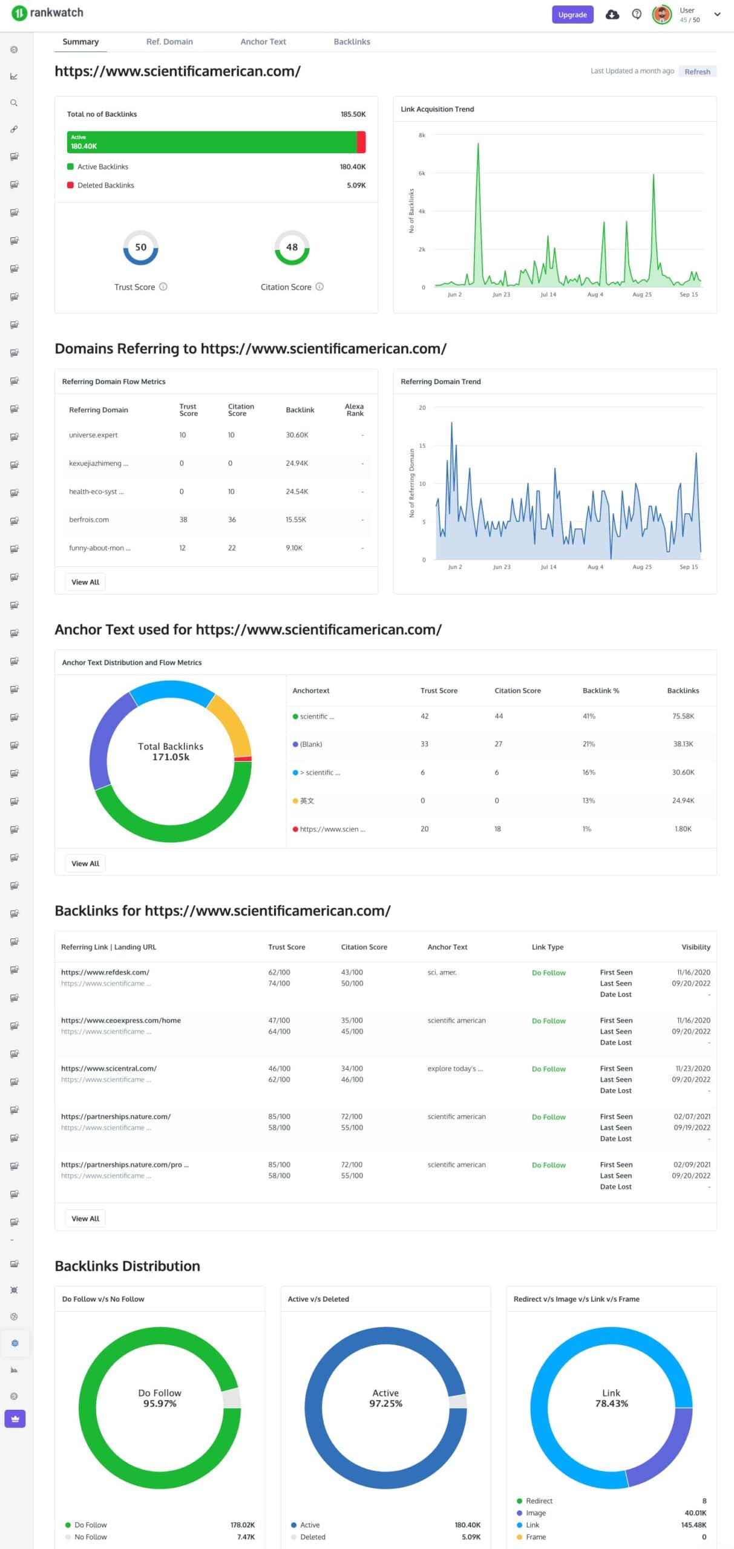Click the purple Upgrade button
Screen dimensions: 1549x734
(x=572, y=15)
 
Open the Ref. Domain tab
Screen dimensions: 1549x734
(x=169, y=42)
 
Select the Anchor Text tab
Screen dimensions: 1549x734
(x=263, y=42)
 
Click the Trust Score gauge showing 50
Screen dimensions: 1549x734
(x=140, y=247)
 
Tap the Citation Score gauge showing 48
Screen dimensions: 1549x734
(x=292, y=247)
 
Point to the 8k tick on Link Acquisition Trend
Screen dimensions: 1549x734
(x=422, y=135)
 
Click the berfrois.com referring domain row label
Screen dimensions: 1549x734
(x=89, y=520)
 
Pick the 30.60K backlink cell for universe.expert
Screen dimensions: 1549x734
(x=297, y=435)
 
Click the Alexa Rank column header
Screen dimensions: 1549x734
(x=354, y=410)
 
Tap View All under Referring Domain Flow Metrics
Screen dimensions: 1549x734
(x=85, y=582)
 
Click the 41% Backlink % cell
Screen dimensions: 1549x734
(x=589, y=716)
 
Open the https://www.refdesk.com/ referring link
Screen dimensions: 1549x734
(x=105, y=972)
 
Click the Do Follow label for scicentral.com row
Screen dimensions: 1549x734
(x=548, y=1069)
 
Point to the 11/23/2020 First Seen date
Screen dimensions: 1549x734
(x=692, y=1069)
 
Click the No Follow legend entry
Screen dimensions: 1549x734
(x=90, y=1537)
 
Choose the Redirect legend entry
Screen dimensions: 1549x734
(x=539, y=1501)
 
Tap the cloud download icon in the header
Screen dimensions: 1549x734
(x=612, y=15)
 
